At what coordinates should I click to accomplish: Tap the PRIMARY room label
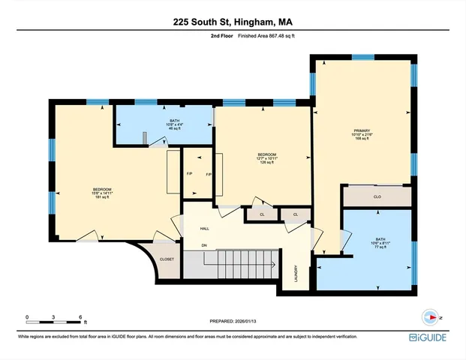coord(363,130)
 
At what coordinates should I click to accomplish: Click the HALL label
coord(204,229)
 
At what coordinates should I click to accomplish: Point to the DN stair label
coord(203,245)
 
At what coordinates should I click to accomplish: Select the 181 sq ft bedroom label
coord(103,193)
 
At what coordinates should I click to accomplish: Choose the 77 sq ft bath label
coord(380,244)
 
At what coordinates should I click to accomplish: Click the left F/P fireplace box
coord(190,174)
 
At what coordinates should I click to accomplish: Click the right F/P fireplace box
coord(209,174)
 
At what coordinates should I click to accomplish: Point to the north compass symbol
coord(430,318)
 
